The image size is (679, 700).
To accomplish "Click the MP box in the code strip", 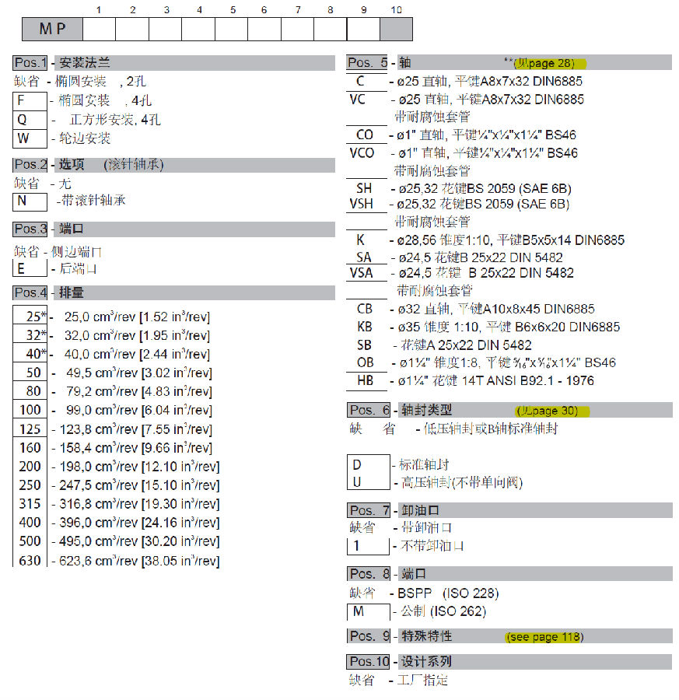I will point(52,30).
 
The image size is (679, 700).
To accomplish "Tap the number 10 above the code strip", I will point(396,9).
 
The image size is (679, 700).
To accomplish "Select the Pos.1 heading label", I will point(31,63).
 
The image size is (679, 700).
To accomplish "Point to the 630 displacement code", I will point(30,560).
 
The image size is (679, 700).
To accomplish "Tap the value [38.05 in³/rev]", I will point(180,560).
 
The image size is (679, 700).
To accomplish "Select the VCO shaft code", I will point(362,152).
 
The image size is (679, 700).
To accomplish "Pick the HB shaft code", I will point(366,381).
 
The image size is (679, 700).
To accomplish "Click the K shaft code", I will point(361,240).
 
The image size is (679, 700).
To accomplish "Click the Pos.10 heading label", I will point(368,662).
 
